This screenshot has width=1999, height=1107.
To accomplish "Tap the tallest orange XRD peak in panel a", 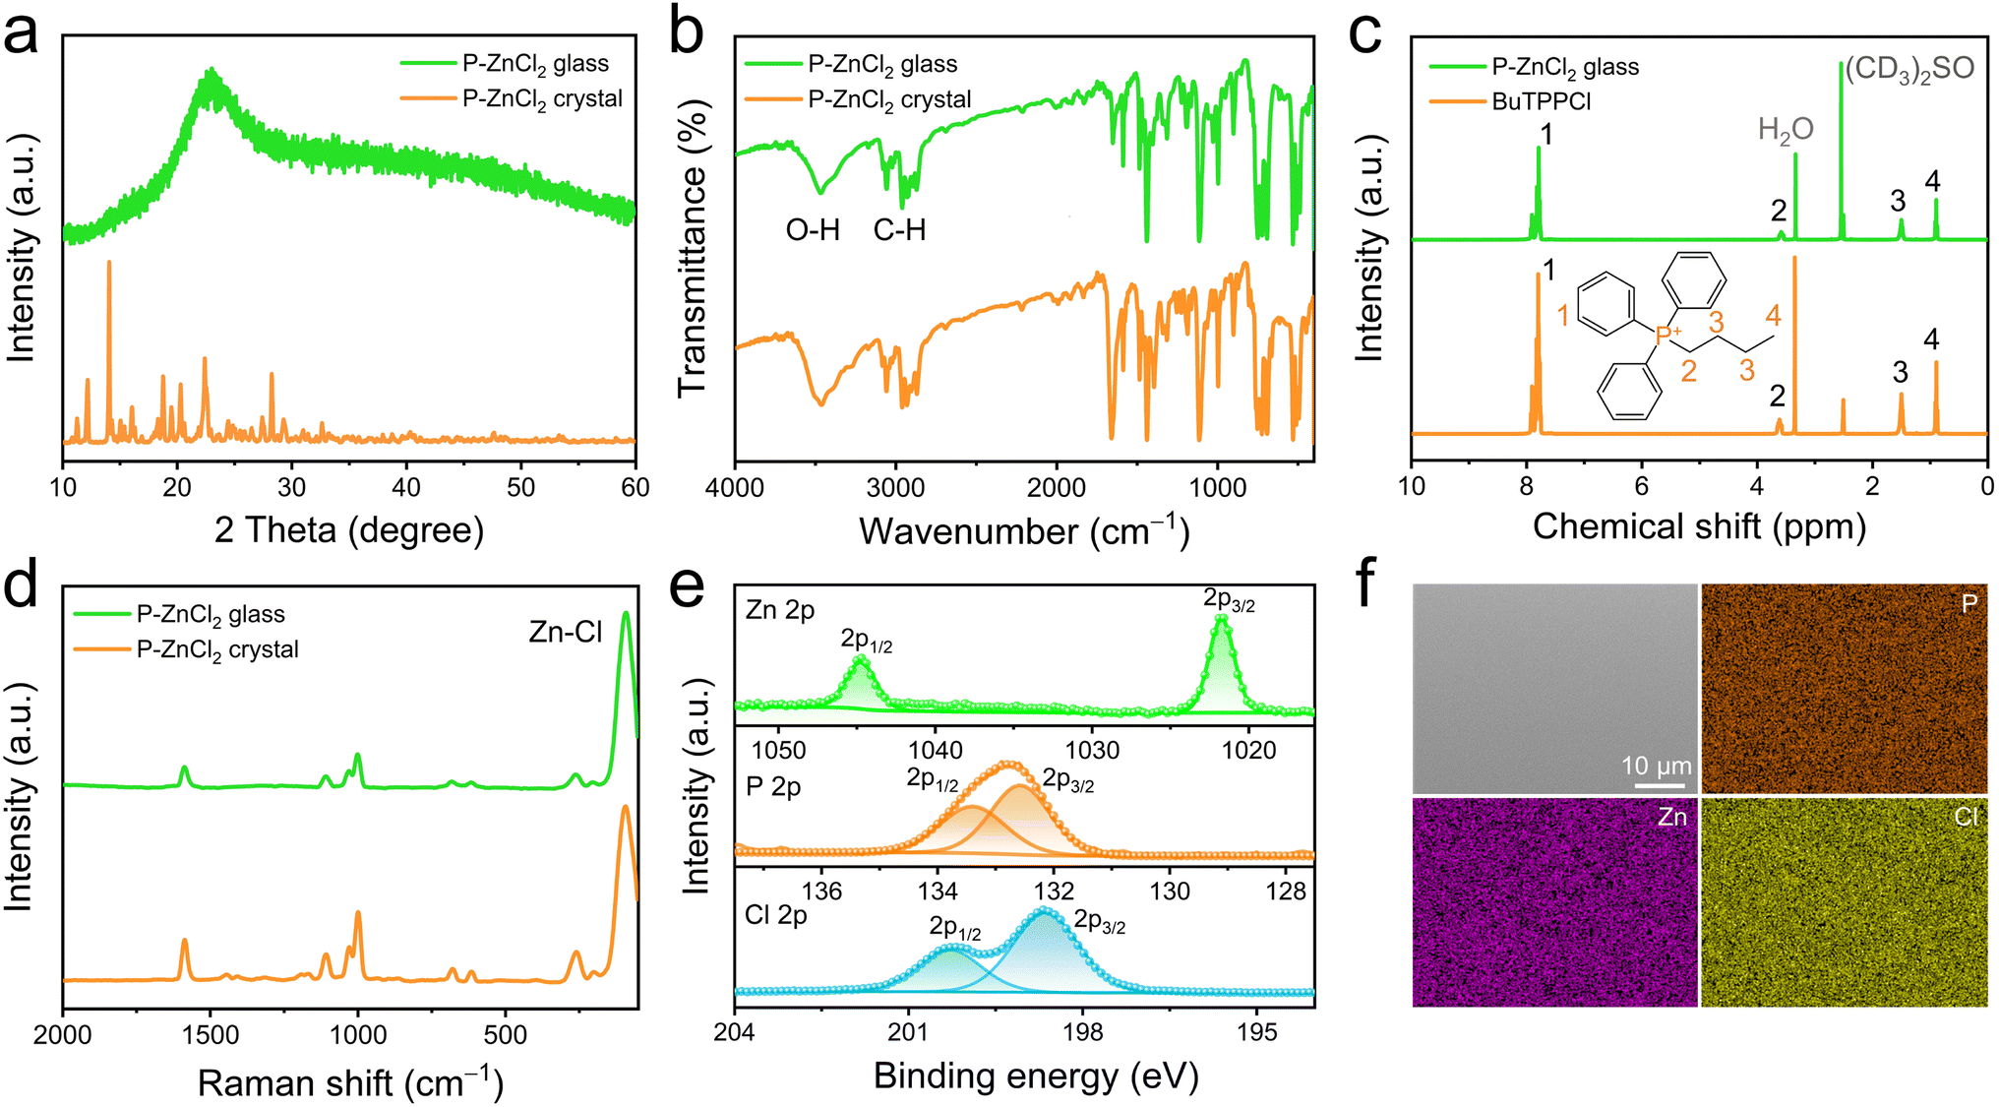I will click(x=109, y=264).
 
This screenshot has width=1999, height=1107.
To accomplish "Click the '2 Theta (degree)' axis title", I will click(x=349, y=529).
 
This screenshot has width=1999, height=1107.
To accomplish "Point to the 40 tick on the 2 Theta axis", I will click(x=406, y=487).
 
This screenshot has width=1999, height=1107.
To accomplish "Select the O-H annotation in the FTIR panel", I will click(x=813, y=230).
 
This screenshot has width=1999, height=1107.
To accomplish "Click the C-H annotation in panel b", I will click(x=899, y=230).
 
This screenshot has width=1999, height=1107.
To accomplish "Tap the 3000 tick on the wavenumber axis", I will click(x=895, y=487).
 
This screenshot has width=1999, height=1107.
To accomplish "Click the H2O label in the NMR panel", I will click(x=1786, y=130).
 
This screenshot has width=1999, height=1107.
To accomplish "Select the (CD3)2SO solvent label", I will click(x=1908, y=69).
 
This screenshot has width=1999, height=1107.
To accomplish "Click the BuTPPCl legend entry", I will click(x=1541, y=101).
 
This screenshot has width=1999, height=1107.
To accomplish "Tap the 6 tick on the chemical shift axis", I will click(x=1641, y=486).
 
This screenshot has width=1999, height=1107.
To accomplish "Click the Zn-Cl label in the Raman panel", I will click(x=565, y=632).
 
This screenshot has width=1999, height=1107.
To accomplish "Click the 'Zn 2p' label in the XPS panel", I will click(x=780, y=610).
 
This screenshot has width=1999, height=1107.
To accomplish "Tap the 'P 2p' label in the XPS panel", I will click(x=773, y=787).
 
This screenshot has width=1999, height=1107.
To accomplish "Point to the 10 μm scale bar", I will click(x=1661, y=785).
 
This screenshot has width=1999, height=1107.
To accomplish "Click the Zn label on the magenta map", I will click(x=1671, y=817).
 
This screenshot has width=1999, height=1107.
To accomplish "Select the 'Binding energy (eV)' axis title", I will click(x=1036, y=1076).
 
